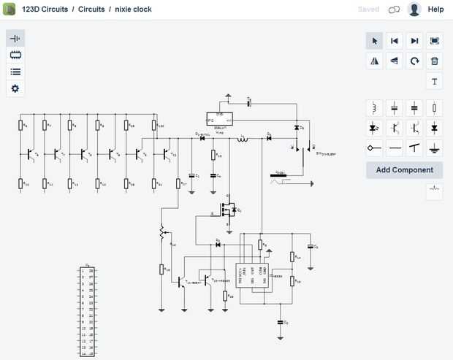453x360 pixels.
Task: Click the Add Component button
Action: click(404, 170)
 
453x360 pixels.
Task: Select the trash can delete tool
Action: click(435, 61)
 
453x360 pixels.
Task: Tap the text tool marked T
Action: click(435, 81)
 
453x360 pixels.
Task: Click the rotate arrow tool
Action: click(415, 61)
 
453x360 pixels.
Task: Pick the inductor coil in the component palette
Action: click(375, 108)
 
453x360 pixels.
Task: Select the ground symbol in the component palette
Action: click(435, 148)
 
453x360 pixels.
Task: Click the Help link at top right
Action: click(435, 9)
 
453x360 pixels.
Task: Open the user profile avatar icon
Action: click(414, 9)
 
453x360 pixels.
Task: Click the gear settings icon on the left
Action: click(15, 88)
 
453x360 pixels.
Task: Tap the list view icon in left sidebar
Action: click(15, 72)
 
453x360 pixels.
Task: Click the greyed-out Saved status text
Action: click(369, 9)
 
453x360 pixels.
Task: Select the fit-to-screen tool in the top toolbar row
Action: click(435, 41)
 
